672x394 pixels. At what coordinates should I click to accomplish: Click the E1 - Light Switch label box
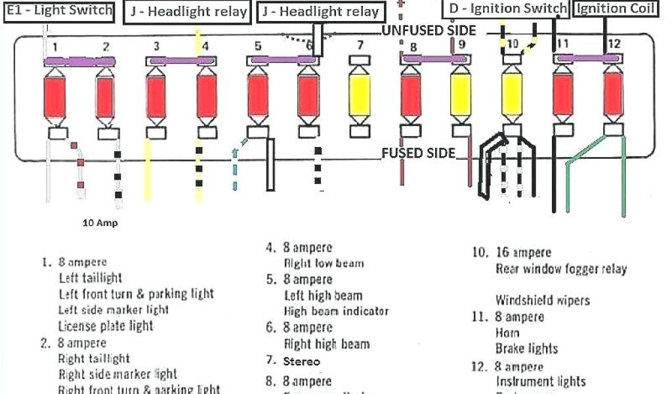click(58, 11)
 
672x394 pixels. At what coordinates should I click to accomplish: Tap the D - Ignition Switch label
click(508, 9)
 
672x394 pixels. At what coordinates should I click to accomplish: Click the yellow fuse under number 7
click(360, 97)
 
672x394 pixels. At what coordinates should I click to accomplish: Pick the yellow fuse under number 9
click(461, 97)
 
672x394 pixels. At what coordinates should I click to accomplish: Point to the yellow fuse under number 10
click(512, 97)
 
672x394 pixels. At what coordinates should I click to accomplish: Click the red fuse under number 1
click(54, 97)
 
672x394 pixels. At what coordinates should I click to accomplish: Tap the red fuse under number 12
click(614, 97)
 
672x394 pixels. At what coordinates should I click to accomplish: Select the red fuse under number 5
click(258, 97)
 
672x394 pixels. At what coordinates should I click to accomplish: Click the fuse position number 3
click(156, 46)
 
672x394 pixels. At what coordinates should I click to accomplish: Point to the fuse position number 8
click(413, 47)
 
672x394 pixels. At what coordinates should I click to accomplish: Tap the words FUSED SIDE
click(418, 153)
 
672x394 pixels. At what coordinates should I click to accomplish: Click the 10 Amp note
click(100, 223)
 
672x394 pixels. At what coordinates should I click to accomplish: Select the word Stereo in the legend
click(302, 361)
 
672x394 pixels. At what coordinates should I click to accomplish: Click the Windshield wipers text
click(542, 301)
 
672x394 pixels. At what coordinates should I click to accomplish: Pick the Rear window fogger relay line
click(561, 269)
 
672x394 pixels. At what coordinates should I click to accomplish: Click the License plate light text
click(106, 326)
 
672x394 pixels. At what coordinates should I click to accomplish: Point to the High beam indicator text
click(336, 311)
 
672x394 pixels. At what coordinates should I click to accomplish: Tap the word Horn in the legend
click(507, 333)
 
